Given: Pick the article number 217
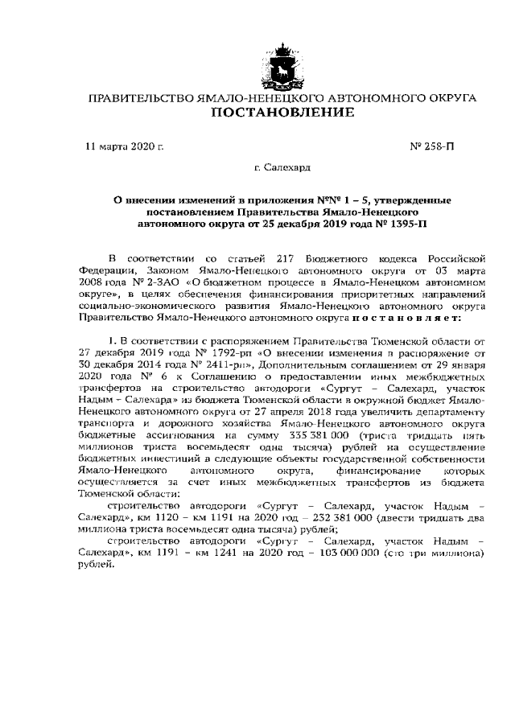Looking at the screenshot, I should [290, 257].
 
